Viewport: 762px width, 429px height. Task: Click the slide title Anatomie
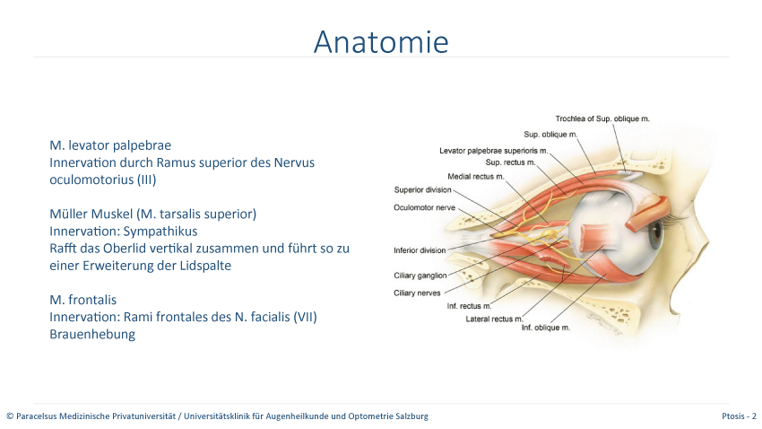[x=381, y=42]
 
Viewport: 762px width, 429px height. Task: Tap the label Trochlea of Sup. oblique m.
[x=602, y=118]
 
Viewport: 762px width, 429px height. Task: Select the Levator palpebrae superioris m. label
[x=494, y=151]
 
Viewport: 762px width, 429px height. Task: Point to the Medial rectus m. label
[x=476, y=177]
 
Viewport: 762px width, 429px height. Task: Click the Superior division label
[x=423, y=189]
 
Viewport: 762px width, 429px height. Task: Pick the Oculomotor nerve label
[x=424, y=207]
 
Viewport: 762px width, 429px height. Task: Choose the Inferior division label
[x=420, y=250]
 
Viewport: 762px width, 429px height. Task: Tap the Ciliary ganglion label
[x=420, y=276]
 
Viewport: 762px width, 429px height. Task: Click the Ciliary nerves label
[x=417, y=293]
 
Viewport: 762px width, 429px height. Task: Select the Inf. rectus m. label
[x=470, y=306]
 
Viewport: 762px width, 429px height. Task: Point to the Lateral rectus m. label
[x=494, y=320]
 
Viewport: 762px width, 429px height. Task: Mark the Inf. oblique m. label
[x=546, y=328]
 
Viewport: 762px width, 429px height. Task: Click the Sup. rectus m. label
[x=510, y=162]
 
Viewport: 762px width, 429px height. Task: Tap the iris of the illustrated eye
[x=654, y=233]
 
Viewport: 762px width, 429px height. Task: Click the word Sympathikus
[x=160, y=232]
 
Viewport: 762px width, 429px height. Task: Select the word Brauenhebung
[x=92, y=334]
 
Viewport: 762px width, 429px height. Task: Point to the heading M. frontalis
[x=83, y=300]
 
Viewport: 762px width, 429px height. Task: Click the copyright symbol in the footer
[x=10, y=416]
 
